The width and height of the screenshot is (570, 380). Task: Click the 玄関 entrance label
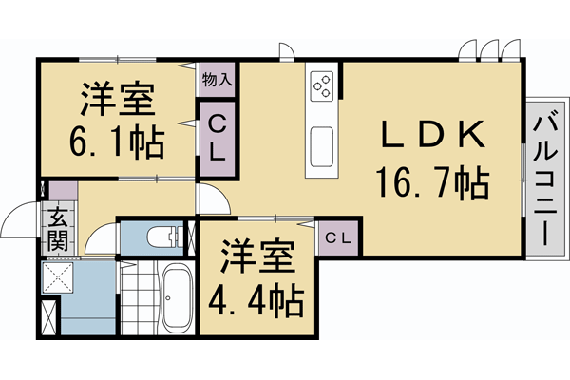(57, 229)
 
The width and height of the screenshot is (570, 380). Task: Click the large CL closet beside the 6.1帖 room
(218, 138)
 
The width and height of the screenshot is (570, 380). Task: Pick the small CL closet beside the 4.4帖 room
(338, 238)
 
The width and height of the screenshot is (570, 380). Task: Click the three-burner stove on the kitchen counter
(322, 85)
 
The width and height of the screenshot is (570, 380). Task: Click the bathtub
(175, 297)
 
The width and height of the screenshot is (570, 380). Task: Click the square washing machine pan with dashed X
(60, 277)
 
